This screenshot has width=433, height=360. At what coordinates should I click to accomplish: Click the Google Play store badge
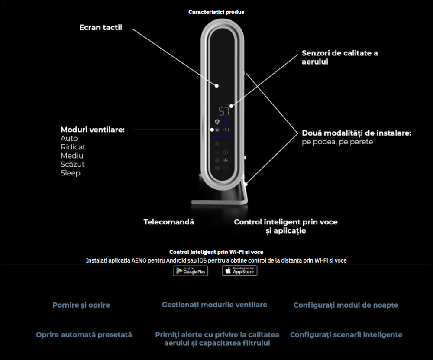tap(190, 271)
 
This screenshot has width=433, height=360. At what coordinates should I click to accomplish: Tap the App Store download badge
tap(239, 270)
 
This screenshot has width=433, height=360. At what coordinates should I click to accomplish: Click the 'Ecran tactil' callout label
tap(100, 27)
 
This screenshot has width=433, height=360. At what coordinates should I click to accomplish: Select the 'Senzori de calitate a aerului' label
tap(339, 57)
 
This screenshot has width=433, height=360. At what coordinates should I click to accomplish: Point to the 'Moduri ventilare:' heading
tap(93, 130)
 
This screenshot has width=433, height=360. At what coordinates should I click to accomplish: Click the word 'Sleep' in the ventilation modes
tap(71, 173)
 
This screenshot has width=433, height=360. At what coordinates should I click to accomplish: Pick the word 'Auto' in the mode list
tap(69, 139)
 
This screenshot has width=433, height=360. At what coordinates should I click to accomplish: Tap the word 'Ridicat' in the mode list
tap(73, 147)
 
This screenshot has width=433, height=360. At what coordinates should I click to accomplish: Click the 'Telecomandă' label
tap(169, 222)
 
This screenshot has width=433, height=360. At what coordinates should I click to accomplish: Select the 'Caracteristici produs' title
tap(216, 12)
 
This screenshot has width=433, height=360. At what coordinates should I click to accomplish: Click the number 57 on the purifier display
tap(224, 111)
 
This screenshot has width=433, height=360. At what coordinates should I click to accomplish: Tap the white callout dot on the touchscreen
tap(217, 86)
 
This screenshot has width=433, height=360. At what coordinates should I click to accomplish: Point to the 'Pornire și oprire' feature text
tap(81, 305)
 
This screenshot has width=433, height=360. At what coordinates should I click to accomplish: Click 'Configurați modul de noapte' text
tap(346, 305)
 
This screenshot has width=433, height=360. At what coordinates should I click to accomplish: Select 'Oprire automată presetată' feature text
tap(84, 334)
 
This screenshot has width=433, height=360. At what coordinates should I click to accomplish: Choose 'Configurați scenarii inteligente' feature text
tap(346, 334)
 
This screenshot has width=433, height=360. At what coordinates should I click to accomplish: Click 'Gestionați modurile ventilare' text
tap(214, 305)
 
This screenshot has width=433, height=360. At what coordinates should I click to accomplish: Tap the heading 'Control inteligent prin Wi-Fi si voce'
tap(216, 252)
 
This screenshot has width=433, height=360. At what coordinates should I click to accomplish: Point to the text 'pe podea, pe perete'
tap(337, 142)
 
